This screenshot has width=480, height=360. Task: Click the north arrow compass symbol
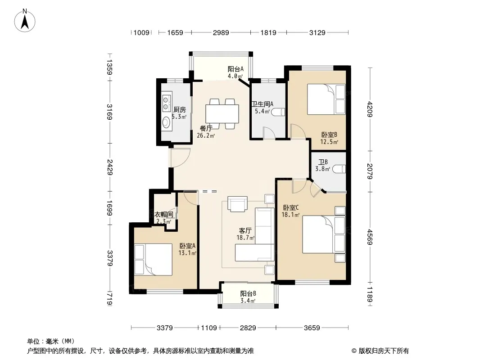25,21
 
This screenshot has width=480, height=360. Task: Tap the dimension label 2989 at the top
221,32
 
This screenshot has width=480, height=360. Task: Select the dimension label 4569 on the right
370,237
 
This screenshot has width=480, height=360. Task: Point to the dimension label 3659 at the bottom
312,328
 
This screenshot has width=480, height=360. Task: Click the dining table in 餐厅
222,114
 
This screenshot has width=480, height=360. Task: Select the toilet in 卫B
339,169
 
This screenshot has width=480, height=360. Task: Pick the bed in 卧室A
154,260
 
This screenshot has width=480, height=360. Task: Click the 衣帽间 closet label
163,215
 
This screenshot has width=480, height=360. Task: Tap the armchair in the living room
237,204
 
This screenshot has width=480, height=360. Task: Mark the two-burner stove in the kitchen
166,103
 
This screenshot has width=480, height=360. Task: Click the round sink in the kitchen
166,122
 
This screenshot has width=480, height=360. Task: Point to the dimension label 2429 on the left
109,167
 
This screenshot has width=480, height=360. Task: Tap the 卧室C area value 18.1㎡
290,215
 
